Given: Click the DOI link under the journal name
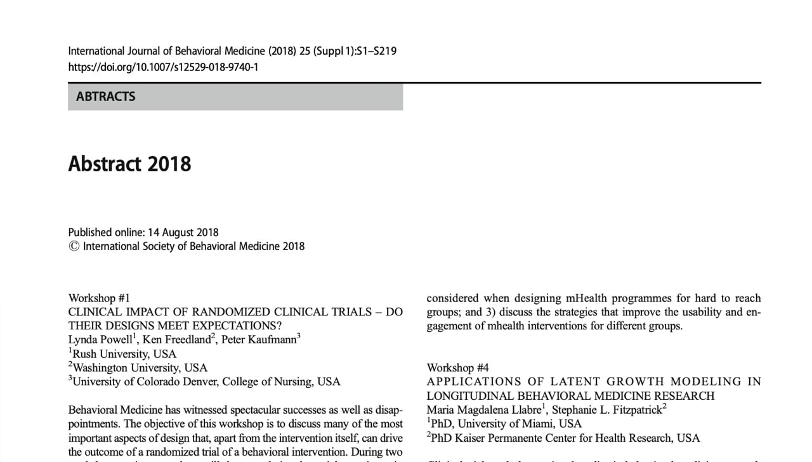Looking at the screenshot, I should (163, 67).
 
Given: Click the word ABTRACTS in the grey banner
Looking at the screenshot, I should (105, 96).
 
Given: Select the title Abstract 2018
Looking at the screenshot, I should (129, 164).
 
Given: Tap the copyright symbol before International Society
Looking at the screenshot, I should (74, 246).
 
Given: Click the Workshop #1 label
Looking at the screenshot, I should (99, 298).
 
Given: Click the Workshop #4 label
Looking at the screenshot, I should (457, 367).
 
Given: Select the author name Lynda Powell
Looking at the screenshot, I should (100, 340).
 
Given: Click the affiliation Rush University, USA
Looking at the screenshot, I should (124, 353).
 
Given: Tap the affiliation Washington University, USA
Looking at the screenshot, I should (140, 367).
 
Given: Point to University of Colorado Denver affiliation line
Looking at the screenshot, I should (206, 381).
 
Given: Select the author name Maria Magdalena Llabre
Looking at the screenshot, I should (483, 409).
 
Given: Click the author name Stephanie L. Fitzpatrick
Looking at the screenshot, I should (606, 409).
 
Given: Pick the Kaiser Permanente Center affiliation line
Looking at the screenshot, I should (565, 437).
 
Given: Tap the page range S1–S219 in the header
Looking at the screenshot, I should (377, 51).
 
